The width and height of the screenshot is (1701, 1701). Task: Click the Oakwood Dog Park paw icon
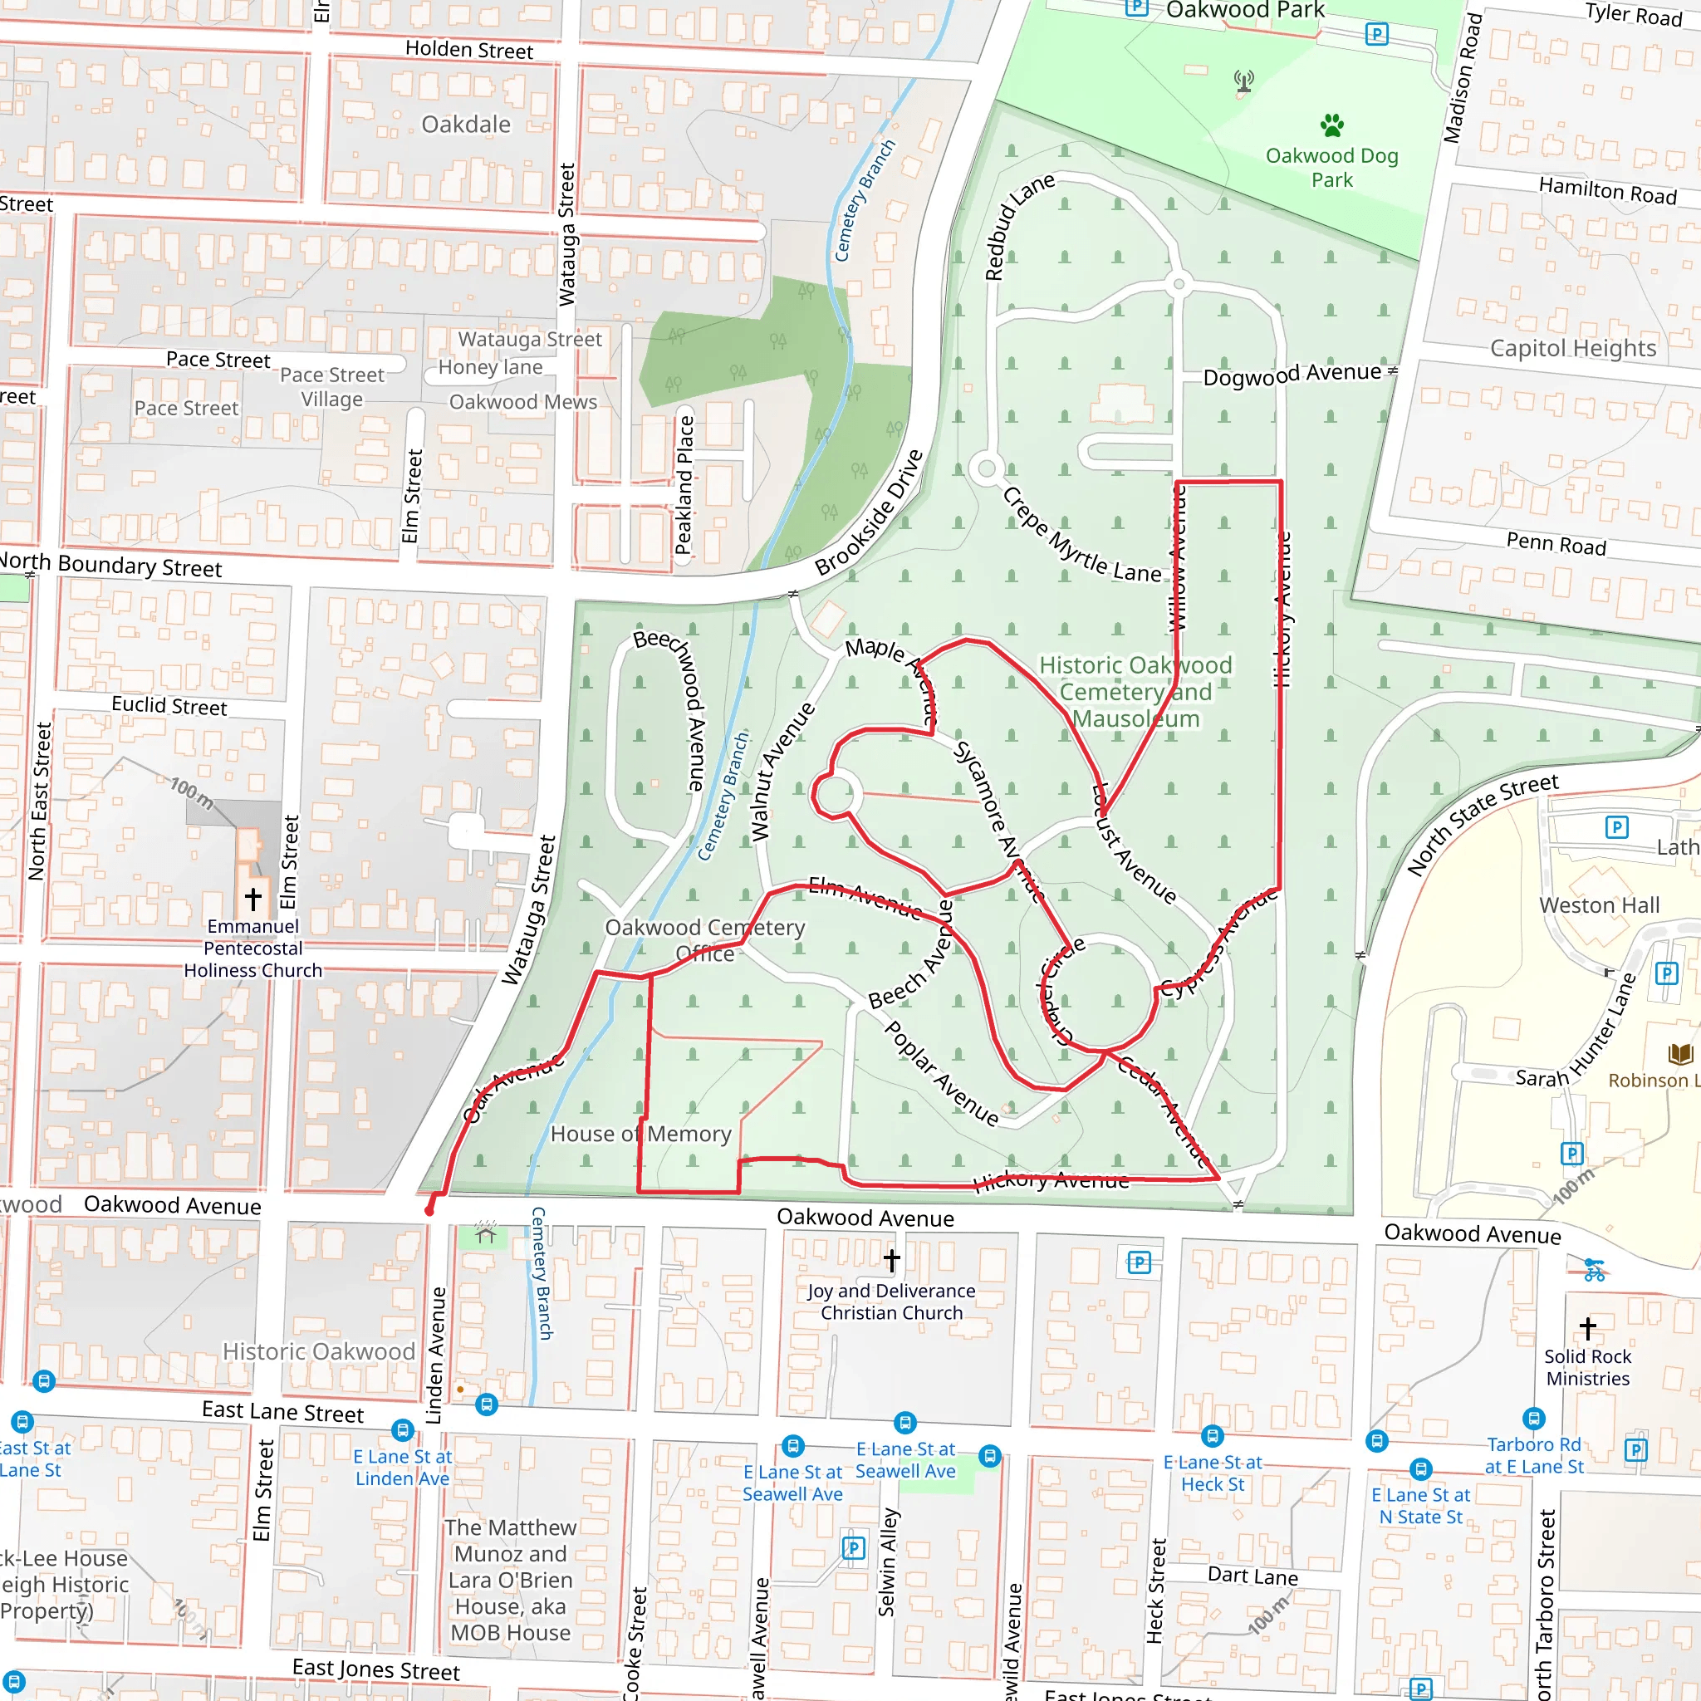tap(1332, 125)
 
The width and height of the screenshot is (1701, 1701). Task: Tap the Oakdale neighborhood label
tap(466, 124)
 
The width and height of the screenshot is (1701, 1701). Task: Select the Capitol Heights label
tap(1572, 348)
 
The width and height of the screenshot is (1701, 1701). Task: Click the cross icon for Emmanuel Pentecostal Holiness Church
tap(253, 899)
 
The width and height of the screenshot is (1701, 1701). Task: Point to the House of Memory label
tap(641, 1134)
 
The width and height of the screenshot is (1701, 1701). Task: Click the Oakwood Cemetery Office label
tap(704, 940)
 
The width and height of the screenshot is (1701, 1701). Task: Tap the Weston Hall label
tap(1599, 905)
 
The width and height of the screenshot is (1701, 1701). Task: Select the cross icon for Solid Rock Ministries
tap(1587, 1328)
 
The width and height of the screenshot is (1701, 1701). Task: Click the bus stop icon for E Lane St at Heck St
tap(1213, 1436)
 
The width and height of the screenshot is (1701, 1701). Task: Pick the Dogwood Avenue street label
tap(1292, 375)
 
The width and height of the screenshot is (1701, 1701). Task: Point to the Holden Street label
tap(468, 50)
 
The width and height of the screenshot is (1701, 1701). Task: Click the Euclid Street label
tap(169, 706)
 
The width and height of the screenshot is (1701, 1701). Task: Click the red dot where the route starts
tap(429, 1212)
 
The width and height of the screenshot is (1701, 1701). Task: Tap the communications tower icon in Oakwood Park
tap(1243, 82)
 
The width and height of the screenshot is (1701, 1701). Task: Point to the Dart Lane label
tap(1252, 1575)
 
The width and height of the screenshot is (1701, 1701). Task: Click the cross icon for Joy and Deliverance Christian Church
tap(891, 1261)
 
